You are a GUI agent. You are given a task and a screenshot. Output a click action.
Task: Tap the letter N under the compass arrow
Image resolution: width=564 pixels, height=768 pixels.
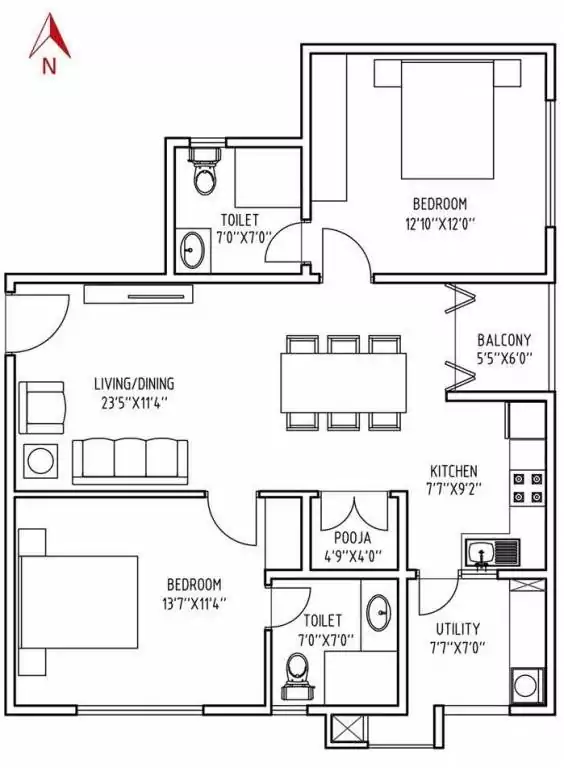(49, 67)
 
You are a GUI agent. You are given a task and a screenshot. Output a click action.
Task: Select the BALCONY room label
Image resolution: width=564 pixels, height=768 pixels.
(503, 340)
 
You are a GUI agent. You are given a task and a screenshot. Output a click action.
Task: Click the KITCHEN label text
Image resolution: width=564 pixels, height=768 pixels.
(453, 471)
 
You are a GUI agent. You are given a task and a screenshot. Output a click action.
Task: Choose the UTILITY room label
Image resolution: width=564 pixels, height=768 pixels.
(457, 629)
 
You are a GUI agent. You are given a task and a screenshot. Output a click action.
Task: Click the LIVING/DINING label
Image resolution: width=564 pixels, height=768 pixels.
(133, 383)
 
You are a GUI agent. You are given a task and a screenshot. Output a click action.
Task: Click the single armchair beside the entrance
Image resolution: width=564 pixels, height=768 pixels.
(43, 405)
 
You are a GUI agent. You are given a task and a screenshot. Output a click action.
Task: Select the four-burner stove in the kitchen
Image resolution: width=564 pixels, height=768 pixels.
(527, 485)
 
